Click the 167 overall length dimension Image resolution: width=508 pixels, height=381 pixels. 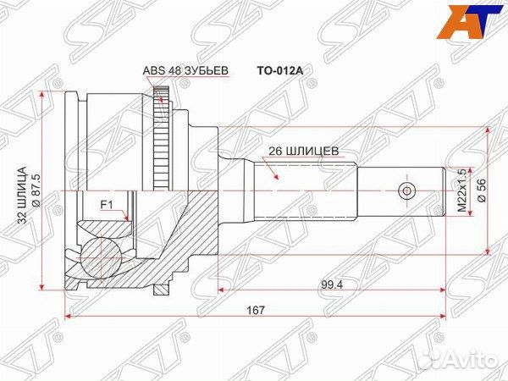click(x=257, y=311)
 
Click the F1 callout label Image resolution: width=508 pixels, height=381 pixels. click(x=106, y=204)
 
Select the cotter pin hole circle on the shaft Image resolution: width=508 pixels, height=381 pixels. click(x=407, y=190)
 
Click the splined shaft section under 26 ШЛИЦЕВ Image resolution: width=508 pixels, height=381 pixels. click(x=305, y=190)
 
